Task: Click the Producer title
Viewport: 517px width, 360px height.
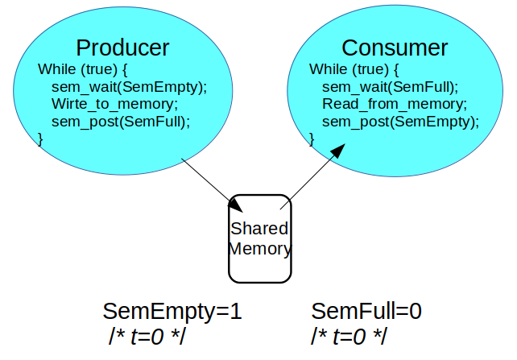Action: pyautogui.click(x=122, y=48)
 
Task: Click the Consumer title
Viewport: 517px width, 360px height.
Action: pyautogui.click(x=395, y=48)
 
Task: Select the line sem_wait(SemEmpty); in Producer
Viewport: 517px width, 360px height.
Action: pyautogui.click(x=129, y=87)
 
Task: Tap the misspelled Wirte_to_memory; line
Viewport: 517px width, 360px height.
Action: pyautogui.click(x=114, y=104)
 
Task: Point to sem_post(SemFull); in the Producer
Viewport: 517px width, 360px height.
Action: pyautogui.click(x=121, y=122)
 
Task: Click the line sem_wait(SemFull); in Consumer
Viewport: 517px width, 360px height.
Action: pyautogui.click(x=390, y=87)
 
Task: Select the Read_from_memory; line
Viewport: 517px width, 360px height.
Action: pyautogui.click(x=395, y=104)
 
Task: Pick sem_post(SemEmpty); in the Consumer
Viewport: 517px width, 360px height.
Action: pyautogui.click(x=400, y=122)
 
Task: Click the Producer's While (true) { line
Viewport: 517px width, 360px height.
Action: pyautogui.click(x=82, y=69)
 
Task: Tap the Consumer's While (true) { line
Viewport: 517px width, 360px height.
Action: pyautogui.click(x=354, y=69)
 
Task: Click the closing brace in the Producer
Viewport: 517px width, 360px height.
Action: pyautogui.click(x=40, y=139)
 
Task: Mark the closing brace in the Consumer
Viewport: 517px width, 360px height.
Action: pyautogui.click(x=312, y=139)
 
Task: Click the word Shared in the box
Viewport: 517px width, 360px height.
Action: pyautogui.click(x=259, y=228)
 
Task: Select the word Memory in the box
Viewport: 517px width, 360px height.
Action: pyautogui.click(x=260, y=249)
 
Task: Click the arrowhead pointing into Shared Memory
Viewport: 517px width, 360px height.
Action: pyautogui.click(x=235, y=205)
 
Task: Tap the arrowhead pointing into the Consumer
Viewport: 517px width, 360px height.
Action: pyautogui.click(x=338, y=151)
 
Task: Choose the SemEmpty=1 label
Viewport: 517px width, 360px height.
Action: pyautogui.click(x=172, y=311)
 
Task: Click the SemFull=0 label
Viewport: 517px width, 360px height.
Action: pyautogui.click(x=366, y=311)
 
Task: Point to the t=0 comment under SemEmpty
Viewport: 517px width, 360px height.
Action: pyautogui.click(x=147, y=337)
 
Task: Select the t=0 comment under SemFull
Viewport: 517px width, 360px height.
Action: pyautogui.click(x=349, y=337)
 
